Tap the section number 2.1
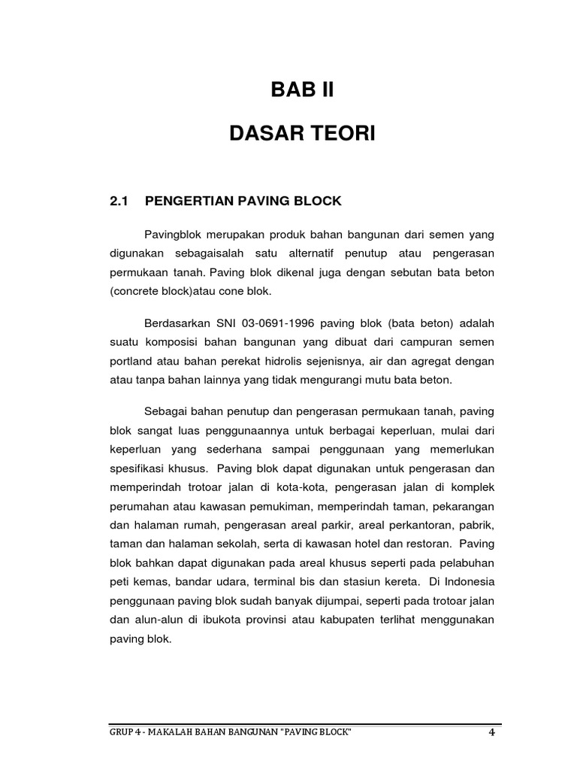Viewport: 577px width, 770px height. point(120,201)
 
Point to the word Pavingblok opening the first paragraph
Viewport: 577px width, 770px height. point(172,235)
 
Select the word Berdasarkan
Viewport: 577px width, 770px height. point(179,324)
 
